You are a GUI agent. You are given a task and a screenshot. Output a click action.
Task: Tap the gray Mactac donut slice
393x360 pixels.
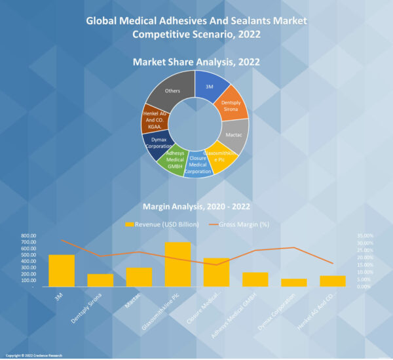coord(235,135)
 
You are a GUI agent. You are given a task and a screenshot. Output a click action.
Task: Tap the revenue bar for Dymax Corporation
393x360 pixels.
coord(294,283)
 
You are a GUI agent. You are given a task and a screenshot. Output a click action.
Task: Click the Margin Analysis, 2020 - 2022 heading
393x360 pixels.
coord(196,208)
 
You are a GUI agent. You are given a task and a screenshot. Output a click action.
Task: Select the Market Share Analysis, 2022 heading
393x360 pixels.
coord(196,62)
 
